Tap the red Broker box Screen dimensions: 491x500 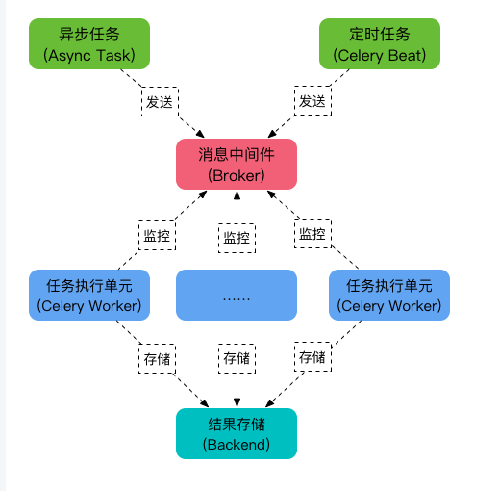point(236,164)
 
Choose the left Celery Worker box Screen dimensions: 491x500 point(89,295)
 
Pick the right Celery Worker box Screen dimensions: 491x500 point(388,295)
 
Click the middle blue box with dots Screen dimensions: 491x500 point(237,295)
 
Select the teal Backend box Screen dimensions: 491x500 point(237,433)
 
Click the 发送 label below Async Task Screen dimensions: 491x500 point(158,101)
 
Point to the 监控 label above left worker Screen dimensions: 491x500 point(158,234)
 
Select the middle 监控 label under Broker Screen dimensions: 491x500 point(237,238)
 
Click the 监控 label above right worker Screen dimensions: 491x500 point(312,234)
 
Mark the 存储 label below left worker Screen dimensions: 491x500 point(158,358)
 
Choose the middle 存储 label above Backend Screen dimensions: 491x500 point(237,358)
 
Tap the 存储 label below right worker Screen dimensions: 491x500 point(312,357)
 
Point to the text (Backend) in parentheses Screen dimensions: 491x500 point(237,445)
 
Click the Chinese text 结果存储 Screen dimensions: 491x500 point(237,423)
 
